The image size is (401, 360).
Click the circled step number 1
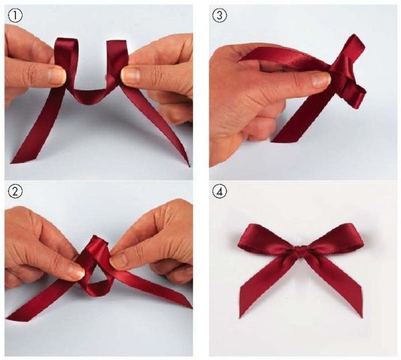tap(14, 14)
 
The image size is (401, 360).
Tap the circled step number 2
tap(14, 192)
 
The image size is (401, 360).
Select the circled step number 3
tap(219, 14)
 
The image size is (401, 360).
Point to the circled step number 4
tap(219, 192)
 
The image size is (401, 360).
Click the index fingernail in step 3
tap(320, 80)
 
